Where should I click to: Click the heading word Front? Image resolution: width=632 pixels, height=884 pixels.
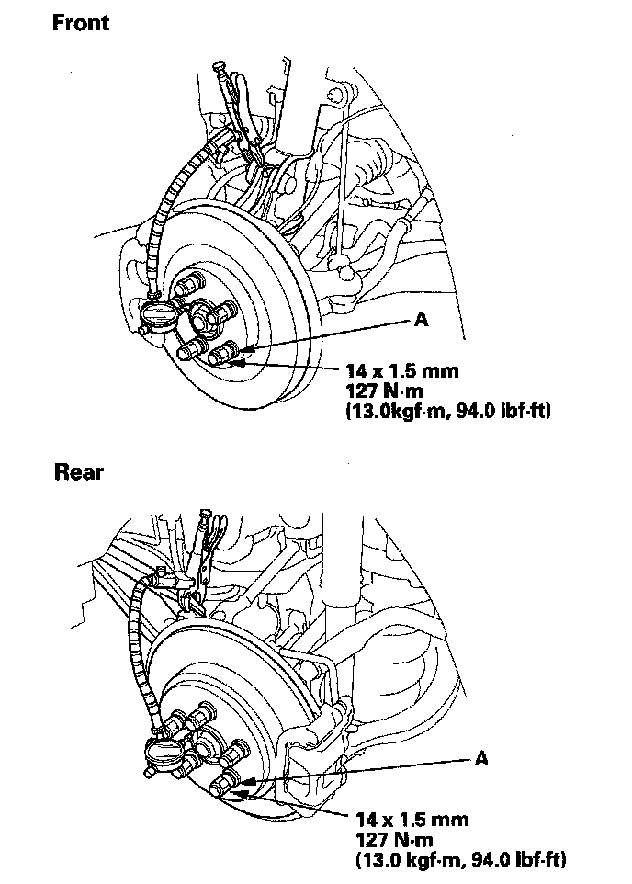coord(81,23)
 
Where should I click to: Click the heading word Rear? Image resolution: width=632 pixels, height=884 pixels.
coord(79,472)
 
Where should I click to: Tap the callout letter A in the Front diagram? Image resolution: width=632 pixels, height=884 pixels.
coord(421,320)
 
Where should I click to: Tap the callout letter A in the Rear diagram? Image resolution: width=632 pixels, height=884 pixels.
coord(481,758)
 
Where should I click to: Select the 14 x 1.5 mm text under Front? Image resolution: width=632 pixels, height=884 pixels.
coord(402,371)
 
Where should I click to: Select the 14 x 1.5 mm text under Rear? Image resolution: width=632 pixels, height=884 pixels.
coord(412,819)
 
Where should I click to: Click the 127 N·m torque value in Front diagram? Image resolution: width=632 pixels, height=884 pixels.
coord(384,391)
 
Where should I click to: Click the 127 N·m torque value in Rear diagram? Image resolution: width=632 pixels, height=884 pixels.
coord(394,840)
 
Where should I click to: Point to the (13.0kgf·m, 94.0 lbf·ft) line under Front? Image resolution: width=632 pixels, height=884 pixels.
coord(447,411)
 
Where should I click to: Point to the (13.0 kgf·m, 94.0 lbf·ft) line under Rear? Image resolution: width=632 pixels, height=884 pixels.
coord(460,859)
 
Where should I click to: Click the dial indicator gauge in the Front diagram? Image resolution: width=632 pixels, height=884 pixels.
coord(159,316)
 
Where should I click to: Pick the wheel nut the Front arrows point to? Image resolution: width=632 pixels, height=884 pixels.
coord(224,353)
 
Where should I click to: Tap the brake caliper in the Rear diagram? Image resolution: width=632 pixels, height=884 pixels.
coord(316,750)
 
